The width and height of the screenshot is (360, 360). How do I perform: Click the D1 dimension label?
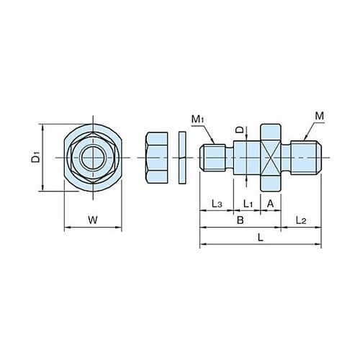coord(36,157)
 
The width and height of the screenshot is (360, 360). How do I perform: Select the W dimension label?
coord(93,220)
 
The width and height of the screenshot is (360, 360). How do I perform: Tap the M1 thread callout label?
coord(198,119)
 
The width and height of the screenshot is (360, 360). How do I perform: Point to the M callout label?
coord(319,116)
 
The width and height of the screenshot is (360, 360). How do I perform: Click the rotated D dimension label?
coord(239,130)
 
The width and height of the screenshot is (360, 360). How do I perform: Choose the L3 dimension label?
coord(217,204)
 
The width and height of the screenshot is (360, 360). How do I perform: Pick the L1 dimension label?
coord(248,204)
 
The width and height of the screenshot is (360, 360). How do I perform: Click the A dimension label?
coord(270,204)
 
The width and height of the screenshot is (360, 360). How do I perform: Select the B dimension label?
coord(240,220)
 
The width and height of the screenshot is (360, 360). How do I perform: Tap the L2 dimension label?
coord(301,220)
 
